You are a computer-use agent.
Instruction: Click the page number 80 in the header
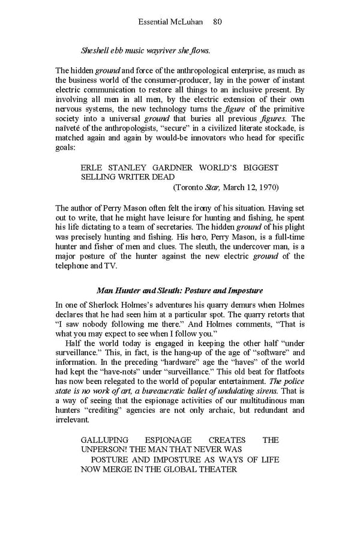tap(217, 22)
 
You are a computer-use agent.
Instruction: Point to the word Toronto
tap(190, 187)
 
